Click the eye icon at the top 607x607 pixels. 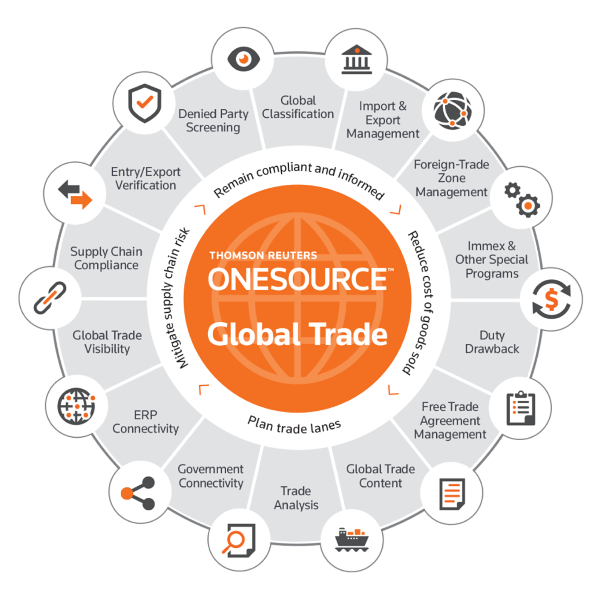[x=243, y=59]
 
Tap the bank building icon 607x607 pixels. [x=357, y=60]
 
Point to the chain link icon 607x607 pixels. [x=50, y=298]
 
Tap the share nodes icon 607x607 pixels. [x=138, y=493]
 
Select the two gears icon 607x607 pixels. [x=522, y=199]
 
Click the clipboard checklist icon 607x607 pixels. [x=521, y=408]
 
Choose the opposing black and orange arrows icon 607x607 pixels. [x=74, y=194]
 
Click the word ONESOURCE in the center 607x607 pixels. [x=298, y=279]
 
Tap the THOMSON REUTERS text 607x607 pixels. [x=263, y=256]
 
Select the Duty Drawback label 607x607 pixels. [x=492, y=342]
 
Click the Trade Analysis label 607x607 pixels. [x=296, y=498]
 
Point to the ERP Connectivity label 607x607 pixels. [x=146, y=422]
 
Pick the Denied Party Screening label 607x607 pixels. [x=213, y=120]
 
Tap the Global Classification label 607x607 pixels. [x=298, y=107]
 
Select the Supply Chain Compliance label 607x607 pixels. [x=106, y=258]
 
